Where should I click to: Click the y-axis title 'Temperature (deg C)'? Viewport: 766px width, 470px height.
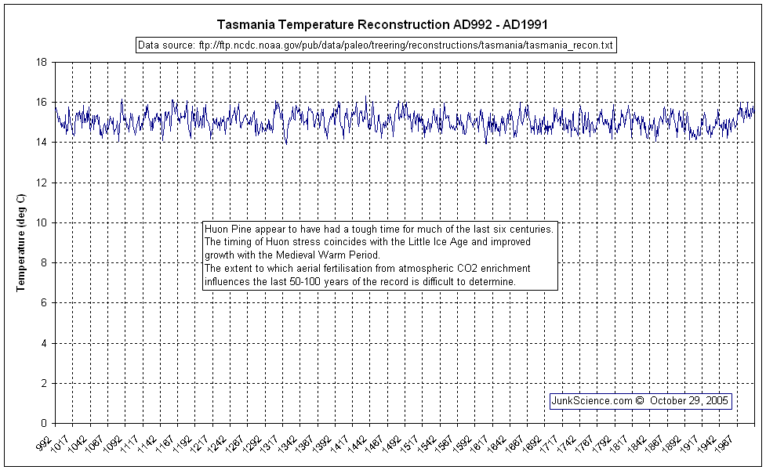coord(23,243)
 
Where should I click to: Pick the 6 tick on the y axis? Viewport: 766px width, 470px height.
coord(45,303)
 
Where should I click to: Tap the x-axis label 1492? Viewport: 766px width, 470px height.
coord(399,444)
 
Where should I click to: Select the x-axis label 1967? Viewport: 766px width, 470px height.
coord(733,444)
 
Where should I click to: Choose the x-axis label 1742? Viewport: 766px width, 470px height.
coord(575,444)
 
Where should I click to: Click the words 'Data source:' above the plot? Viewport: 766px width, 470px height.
coord(165,45)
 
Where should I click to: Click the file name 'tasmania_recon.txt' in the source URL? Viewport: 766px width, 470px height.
coord(574,45)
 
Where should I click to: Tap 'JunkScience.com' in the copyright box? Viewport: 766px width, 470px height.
coord(592,400)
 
